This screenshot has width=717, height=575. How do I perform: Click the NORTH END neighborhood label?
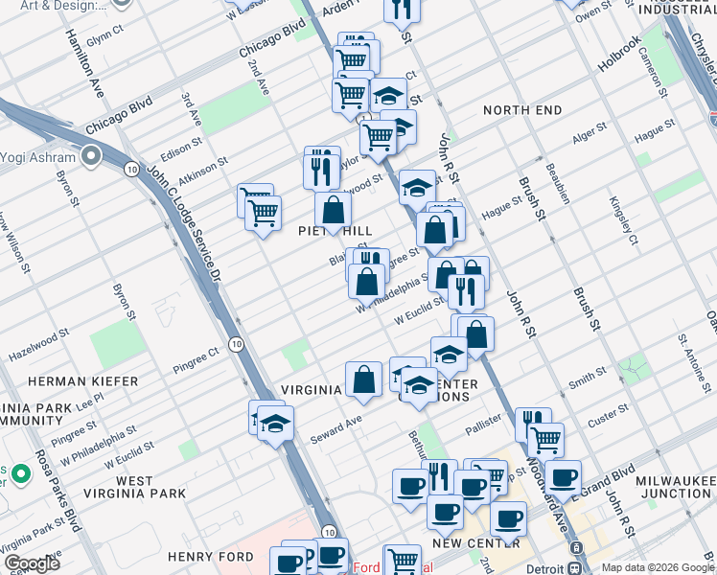(x=522, y=110)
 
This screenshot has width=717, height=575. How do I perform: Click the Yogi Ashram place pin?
(x=92, y=154)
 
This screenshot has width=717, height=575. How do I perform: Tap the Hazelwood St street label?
(x=39, y=344)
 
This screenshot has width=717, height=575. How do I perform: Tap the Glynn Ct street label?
(x=104, y=35)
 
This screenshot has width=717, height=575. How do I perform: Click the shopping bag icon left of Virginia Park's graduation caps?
(x=364, y=379)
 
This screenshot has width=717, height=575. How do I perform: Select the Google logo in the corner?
(x=32, y=563)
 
